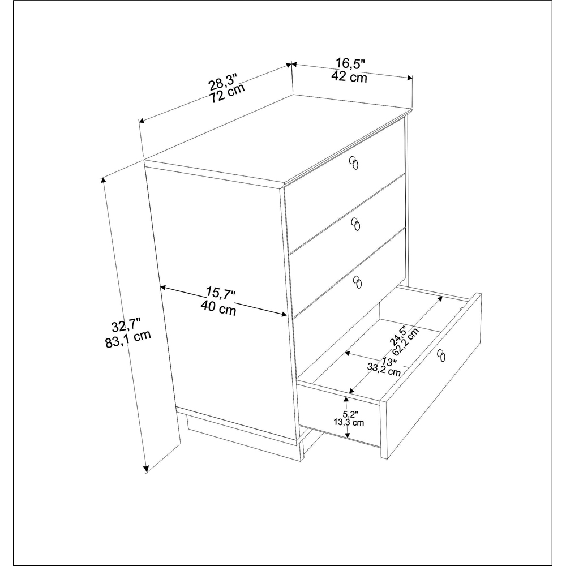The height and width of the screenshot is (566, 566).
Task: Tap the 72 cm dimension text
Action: (x=228, y=93)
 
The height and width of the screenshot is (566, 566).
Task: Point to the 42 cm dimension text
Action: (x=349, y=78)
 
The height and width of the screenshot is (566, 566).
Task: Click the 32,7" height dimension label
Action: (x=126, y=327)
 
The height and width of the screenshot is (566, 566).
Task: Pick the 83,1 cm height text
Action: (x=127, y=340)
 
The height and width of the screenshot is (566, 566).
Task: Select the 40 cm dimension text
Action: (x=218, y=308)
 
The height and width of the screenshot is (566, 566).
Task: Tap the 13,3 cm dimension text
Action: (x=348, y=422)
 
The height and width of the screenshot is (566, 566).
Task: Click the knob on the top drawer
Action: (x=354, y=162)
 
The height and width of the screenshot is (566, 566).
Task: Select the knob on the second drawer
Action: (x=355, y=225)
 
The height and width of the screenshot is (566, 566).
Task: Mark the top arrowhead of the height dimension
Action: (x=103, y=180)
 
